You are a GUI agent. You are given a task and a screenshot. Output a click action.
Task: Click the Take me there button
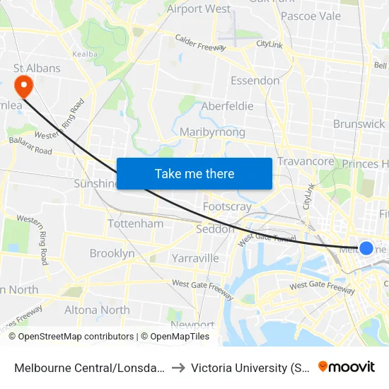(194, 173)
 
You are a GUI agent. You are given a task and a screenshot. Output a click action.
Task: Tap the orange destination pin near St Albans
(24, 86)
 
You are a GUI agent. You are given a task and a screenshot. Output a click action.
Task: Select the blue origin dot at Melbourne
(366, 248)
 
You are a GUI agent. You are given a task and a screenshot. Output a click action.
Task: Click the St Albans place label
(37, 69)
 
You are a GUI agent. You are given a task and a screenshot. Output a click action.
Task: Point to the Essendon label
(255, 81)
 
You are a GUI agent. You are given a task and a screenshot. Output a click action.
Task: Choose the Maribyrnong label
(212, 132)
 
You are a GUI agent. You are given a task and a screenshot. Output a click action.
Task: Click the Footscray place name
(227, 207)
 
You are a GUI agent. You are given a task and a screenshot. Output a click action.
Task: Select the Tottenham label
(135, 223)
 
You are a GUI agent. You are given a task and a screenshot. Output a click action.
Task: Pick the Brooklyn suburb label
(112, 253)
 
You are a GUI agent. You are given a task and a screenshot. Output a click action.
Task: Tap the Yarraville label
(195, 258)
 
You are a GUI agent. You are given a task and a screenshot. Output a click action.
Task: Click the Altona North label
(97, 310)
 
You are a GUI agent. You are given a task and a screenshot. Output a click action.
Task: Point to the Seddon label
(215, 229)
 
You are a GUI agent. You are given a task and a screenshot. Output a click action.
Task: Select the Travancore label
(305, 162)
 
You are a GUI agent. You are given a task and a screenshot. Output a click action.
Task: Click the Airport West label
(199, 9)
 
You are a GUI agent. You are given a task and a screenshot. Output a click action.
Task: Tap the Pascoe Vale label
(310, 16)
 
